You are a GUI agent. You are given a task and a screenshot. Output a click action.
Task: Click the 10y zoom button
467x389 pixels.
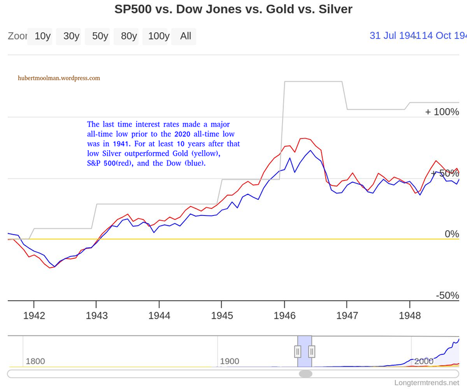tap(43, 36)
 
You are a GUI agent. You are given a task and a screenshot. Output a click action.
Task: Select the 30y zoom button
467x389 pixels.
tap(71, 36)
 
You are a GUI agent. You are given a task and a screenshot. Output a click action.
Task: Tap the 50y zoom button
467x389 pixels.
tap(100, 36)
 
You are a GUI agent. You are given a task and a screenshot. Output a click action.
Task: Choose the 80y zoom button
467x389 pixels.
tap(129, 36)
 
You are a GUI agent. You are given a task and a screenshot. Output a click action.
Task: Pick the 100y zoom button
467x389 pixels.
tap(158, 36)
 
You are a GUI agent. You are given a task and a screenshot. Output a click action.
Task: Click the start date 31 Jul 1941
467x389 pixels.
tap(392, 35)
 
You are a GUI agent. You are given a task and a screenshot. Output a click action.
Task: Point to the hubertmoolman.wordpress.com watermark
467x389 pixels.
tap(59, 78)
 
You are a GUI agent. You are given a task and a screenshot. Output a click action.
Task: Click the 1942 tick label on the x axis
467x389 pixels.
tap(34, 315)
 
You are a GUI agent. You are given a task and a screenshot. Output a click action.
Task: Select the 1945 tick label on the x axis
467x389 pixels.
tap(222, 315)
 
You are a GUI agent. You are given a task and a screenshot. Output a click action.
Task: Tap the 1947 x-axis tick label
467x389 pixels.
tap(347, 315)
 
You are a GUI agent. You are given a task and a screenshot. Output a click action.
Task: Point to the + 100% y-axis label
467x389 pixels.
tap(442, 112)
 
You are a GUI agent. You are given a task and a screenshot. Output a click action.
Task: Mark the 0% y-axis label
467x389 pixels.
tap(451, 234)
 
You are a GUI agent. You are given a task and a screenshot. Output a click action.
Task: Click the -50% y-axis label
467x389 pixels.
tap(447, 295)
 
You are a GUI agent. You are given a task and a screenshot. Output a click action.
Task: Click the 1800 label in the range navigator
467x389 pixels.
tap(35, 361)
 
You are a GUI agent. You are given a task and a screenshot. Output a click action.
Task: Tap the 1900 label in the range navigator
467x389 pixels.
tap(230, 361)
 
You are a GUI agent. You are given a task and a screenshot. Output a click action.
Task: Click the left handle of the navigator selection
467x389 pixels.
tap(298, 351)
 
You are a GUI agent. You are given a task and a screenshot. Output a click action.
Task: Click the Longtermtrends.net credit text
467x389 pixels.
tap(427, 383)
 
